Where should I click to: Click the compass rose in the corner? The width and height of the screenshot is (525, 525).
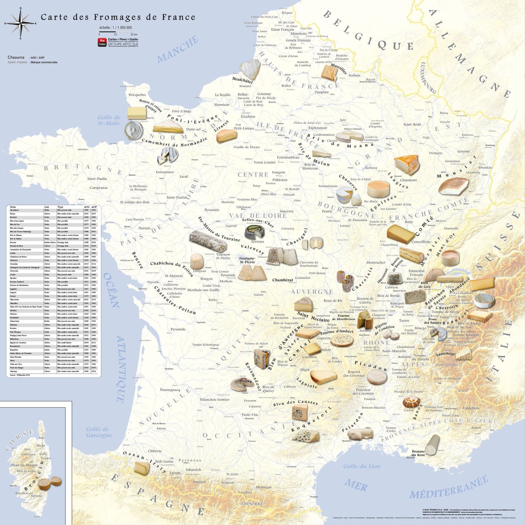click(x=21, y=23)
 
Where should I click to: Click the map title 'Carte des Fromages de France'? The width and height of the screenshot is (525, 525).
click(x=118, y=17)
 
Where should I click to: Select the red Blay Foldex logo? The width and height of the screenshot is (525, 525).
click(x=102, y=42)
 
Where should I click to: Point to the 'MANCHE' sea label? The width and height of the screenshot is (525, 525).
click(x=177, y=50)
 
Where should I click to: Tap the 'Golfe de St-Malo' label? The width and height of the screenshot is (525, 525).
click(x=108, y=120)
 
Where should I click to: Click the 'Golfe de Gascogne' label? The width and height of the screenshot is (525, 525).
click(x=99, y=432)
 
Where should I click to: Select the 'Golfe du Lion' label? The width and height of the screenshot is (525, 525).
click(x=362, y=466)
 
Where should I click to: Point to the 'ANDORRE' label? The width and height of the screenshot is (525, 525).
click(x=251, y=504)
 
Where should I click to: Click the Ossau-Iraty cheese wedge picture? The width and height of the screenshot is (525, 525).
click(x=142, y=468)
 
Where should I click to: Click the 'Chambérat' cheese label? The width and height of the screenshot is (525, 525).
click(x=282, y=280)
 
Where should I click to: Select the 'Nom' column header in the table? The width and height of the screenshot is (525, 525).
click(x=13, y=207)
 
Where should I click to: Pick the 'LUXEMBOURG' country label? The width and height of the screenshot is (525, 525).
click(x=428, y=78)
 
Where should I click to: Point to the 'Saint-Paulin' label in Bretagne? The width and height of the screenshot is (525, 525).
click(x=97, y=178)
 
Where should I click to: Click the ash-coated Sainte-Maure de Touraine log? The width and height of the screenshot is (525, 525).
click(x=208, y=241)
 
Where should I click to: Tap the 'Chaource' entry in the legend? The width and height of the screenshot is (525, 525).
click(x=16, y=57)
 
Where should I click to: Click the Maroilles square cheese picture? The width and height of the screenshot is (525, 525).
click(x=329, y=73)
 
